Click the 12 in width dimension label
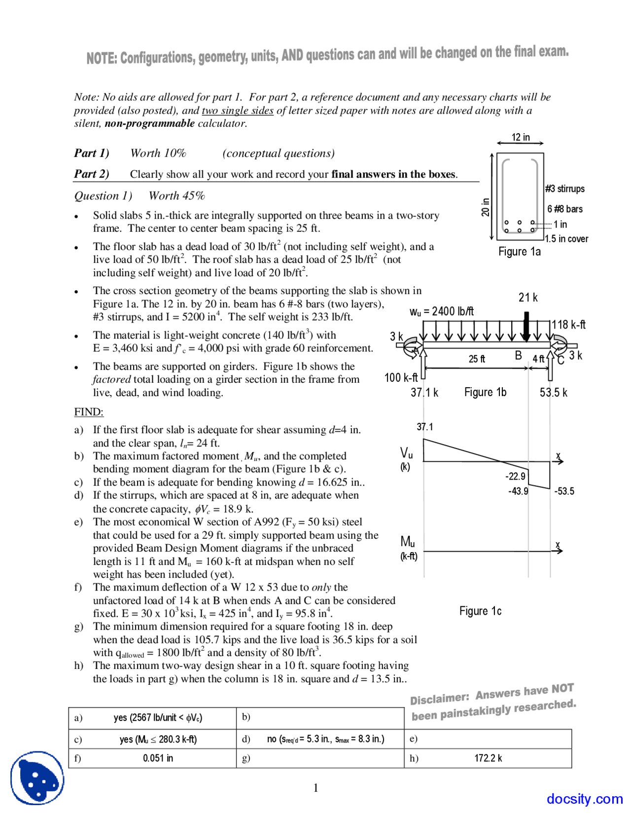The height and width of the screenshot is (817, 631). point(520,137)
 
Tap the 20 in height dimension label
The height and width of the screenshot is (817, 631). point(486,207)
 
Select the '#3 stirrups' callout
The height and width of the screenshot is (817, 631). point(564,188)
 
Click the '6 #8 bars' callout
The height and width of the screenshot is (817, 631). point(564,209)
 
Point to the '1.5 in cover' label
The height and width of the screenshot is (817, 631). point(566,239)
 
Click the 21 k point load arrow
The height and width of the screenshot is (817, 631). point(526,326)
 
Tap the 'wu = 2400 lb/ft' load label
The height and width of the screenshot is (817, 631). point(441,311)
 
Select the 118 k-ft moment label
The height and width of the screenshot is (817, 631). point(568,325)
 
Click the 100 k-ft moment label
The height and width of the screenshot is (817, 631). point(400,377)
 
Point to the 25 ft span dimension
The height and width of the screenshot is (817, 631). point(476,359)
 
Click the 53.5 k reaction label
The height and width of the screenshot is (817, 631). point(553,393)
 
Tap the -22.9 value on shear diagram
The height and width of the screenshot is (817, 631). point(515,476)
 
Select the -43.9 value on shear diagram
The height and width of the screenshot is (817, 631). point(518,491)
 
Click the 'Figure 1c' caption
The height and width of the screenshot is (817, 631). point(480,611)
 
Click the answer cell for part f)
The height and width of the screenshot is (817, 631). point(158,758)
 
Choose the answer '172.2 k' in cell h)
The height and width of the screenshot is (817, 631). point(488,758)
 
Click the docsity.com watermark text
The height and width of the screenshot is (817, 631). point(584,799)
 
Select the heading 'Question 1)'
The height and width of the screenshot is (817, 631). point(103,196)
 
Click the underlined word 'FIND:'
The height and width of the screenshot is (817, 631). point(89,412)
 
